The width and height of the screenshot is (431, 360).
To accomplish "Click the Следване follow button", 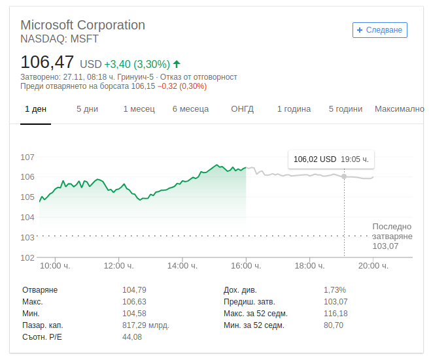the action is [x=379, y=30].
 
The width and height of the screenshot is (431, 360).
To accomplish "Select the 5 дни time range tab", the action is [x=87, y=109].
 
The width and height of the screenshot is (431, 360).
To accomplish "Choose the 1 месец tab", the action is [x=139, y=109].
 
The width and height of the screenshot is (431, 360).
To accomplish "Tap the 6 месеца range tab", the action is [x=190, y=109].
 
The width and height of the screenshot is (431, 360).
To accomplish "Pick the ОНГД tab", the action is [x=242, y=109].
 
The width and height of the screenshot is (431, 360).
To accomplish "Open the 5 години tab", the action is [x=345, y=109].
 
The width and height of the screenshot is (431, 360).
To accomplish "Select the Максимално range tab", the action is [x=400, y=109].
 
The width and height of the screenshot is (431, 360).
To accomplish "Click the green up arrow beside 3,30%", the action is [x=177, y=64].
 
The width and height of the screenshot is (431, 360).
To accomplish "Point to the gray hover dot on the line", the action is [x=344, y=176].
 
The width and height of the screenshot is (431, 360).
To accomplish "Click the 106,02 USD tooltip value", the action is [x=315, y=159].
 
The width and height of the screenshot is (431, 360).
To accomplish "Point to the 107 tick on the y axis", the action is [x=27, y=157].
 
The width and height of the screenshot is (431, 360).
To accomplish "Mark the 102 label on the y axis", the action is [x=27, y=257].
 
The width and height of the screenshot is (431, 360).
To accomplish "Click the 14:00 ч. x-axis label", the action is [x=182, y=266].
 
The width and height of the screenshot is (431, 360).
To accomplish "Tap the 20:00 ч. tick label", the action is [x=373, y=266].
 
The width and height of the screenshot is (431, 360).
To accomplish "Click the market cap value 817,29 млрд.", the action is [x=146, y=325].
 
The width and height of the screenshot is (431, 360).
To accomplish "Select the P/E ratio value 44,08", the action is [x=132, y=337].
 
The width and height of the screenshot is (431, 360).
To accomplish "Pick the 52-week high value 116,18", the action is [x=336, y=314].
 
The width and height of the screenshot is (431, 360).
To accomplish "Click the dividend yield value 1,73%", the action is [x=335, y=290].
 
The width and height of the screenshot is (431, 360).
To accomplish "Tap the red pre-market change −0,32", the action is [x=167, y=86].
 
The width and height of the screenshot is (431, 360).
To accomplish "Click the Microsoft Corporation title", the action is [x=83, y=25].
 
